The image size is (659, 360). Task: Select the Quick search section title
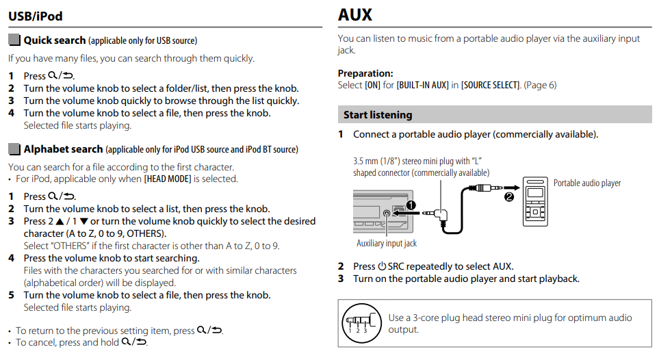click(55, 40)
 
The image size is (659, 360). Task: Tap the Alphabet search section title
click(63, 149)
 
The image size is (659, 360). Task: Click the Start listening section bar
click(378, 115)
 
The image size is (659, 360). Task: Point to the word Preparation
click(365, 73)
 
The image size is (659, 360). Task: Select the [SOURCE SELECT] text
click(490, 86)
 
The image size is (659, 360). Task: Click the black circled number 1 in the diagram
click(411, 205)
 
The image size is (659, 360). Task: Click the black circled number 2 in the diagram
click(508, 198)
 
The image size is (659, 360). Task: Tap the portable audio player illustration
click(534, 202)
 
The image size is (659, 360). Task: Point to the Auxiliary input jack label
click(386, 243)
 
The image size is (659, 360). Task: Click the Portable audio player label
click(587, 183)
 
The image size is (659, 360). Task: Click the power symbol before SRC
click(382, 266)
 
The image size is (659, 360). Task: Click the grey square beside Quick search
click(14, 40)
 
